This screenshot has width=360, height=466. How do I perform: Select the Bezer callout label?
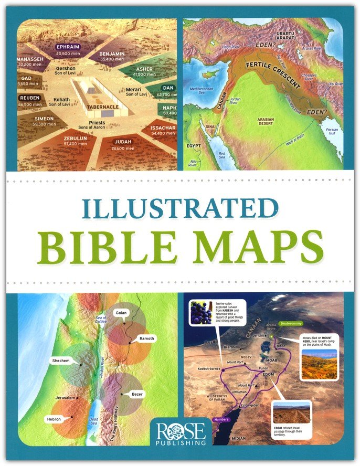tap(137, 393)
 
